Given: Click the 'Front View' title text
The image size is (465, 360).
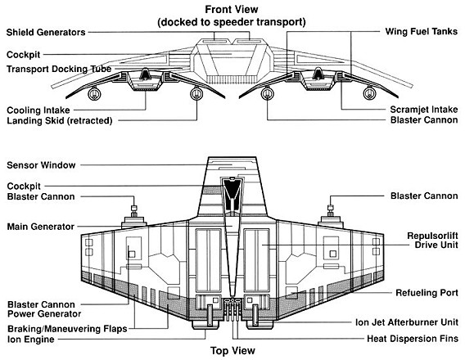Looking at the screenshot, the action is coord(232,10).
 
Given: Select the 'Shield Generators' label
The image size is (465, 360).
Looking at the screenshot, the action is coord(46,32).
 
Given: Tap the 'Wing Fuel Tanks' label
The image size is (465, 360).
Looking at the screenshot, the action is coord(422,31).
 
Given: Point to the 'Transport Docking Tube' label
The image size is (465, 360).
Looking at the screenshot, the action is coord(59,69).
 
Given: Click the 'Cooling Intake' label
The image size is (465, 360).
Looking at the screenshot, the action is coord(38,110).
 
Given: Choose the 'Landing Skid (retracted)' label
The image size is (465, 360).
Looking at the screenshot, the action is coord(60,120).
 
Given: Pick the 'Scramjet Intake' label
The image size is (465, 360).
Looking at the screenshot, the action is coord(424,110).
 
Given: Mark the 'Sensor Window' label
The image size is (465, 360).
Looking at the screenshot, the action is coord(41,165).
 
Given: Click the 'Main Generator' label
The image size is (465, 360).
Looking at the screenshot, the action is coord(41,227).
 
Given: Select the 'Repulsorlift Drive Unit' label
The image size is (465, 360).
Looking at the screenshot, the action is coord(433,241).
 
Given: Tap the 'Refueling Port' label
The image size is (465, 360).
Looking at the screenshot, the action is coord(427,293).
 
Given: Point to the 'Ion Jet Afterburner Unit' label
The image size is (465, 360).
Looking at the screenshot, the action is coord(407,322).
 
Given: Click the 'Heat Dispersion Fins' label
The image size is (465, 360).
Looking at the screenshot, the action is coord(413,339).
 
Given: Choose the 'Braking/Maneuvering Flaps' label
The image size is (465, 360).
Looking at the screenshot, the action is coord(67,329).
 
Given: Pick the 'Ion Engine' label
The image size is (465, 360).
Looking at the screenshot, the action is coord(31,340).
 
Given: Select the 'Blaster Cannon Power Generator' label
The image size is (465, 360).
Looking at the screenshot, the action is coord(44,309).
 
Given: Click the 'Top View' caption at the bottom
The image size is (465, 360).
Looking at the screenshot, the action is coord(232,351).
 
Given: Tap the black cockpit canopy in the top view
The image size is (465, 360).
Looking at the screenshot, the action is coord(232,195).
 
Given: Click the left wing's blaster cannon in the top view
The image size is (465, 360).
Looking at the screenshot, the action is coord(133,211).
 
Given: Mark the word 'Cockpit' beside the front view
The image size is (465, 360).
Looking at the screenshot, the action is coord(24,55).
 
